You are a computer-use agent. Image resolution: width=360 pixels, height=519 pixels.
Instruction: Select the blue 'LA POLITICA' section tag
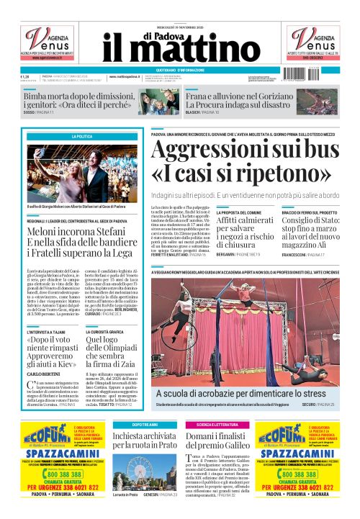pos(81,136)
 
